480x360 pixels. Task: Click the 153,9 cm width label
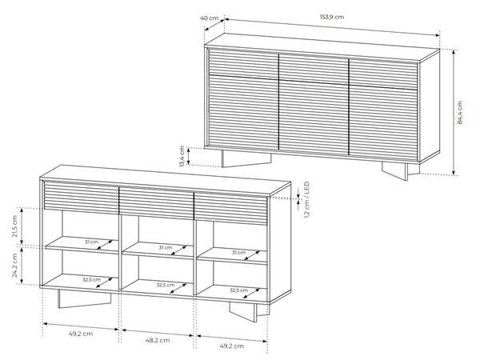(x=332, y=17)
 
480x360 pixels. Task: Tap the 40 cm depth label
(x=209, y=18)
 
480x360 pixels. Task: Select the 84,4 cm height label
(x=460, y=112)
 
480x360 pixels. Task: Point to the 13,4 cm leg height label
(x=182, y=156)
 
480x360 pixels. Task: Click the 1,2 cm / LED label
(x=306, y=200)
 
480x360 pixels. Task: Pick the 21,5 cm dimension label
(x=14, y=226)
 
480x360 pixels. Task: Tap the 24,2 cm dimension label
(x=14, y=266)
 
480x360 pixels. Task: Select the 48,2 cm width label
(x=158, y=340)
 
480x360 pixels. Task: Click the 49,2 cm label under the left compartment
(x=81, y=334)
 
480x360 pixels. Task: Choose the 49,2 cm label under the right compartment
(x=232, y=346)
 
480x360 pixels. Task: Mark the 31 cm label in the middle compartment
(x=166, y=247)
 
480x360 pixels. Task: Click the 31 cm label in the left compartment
(x=91, y=242)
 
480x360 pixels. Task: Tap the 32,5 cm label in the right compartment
(x=238, y=290)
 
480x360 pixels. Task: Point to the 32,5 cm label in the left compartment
(x=91, y=279)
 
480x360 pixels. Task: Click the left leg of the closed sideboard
(x=246, y=158)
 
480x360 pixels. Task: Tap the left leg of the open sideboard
(x=84, y=298)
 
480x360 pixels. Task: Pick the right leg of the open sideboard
(x=248, y=312)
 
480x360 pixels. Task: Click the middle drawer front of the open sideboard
(x=156, y=203)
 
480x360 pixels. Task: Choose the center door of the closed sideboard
(x=314, y=104)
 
